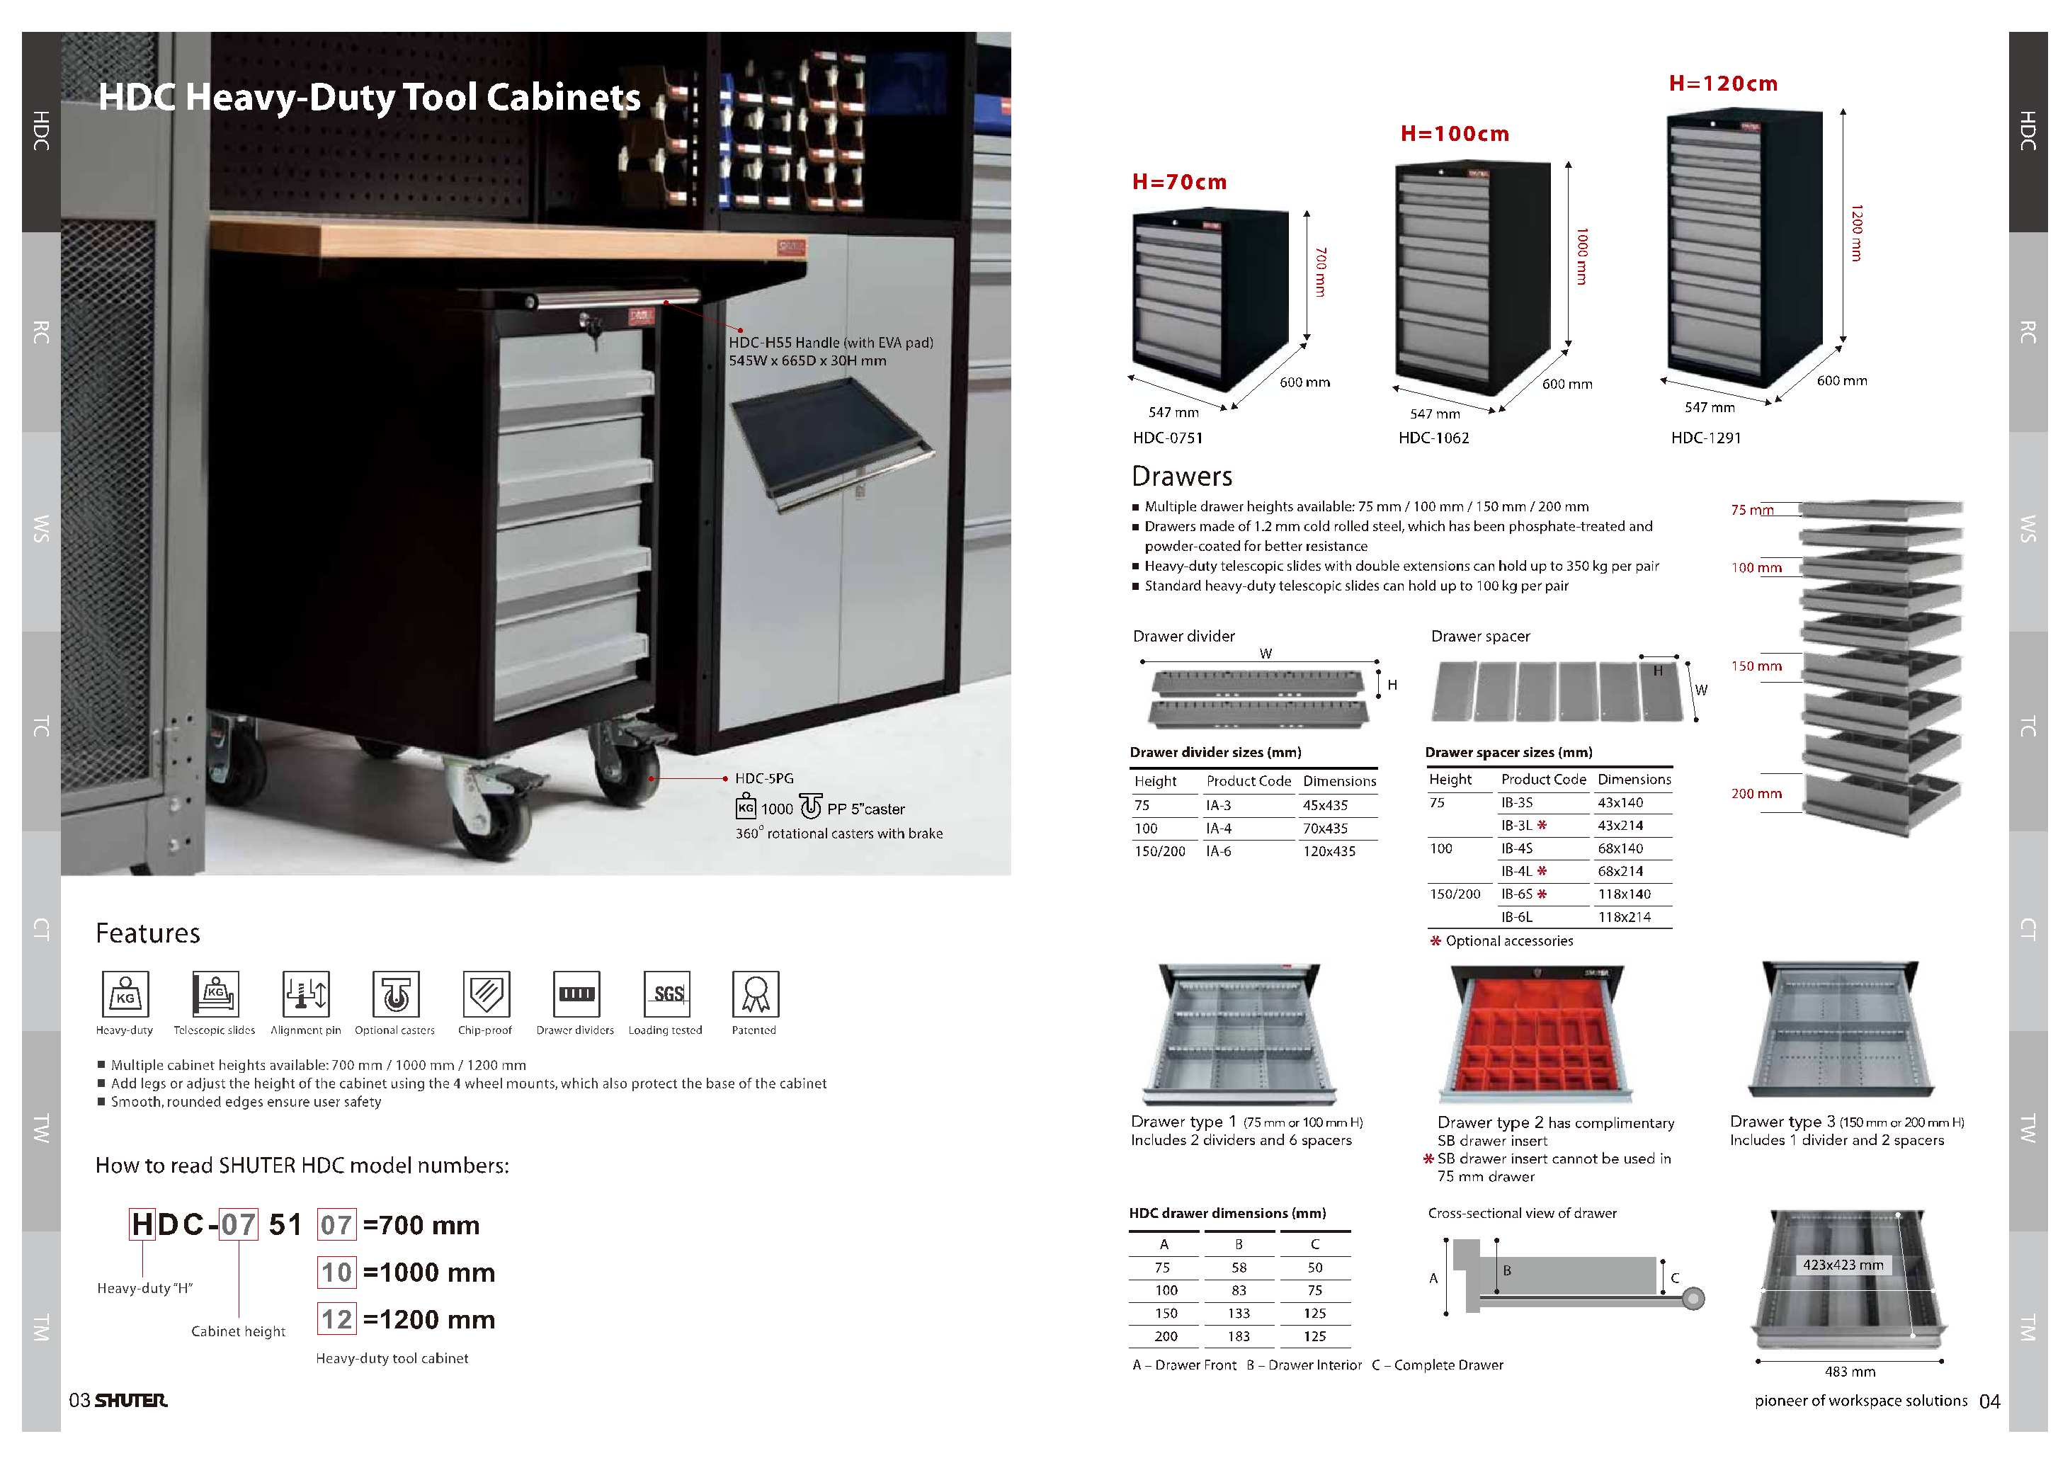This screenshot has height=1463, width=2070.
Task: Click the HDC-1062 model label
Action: pyautogui.click(x=1433, y=438)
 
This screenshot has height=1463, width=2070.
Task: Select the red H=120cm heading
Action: pyautogui.click(x=1723, y=84)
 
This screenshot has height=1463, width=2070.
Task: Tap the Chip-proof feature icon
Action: pyautogui.click(x=486, y=994)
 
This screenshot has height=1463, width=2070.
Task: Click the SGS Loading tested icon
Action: pyautogui.click(x=667, y=994)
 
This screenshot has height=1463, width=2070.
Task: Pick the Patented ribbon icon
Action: pyautogui.click(x=756, y=994)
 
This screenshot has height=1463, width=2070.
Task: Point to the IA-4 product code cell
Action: pyautogui.click(x=1219, y=829)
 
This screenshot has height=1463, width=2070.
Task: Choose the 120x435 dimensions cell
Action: pyautogui.click(x=1329, y=851)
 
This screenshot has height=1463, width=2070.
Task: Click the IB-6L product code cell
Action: pyautogui.click(x=1516, y=917)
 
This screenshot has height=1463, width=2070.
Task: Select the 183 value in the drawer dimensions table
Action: pyautogui.click(x=1239, y=1336)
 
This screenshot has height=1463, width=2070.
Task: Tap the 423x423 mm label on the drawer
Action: pyautogui.click(x=1843, y=1265)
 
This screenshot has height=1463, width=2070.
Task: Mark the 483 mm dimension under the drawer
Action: pyautogui.click(x=1850, y=1371)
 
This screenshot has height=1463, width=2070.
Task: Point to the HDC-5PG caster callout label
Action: pyautogui.click(x=763, y=778)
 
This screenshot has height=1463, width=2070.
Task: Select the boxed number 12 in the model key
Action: pyautogui.click(x=337, y=1320)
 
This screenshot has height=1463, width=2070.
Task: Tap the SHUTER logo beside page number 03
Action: pyautogui.click(x=131, y=1400)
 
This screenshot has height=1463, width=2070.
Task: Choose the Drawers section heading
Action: pyautogui.click(x=1181, y=476)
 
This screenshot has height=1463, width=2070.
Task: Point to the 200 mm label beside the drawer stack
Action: pyautogui.click(x=1756, y=793)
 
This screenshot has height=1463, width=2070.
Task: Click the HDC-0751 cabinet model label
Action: pyautogui.click(x=1168, y=438)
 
